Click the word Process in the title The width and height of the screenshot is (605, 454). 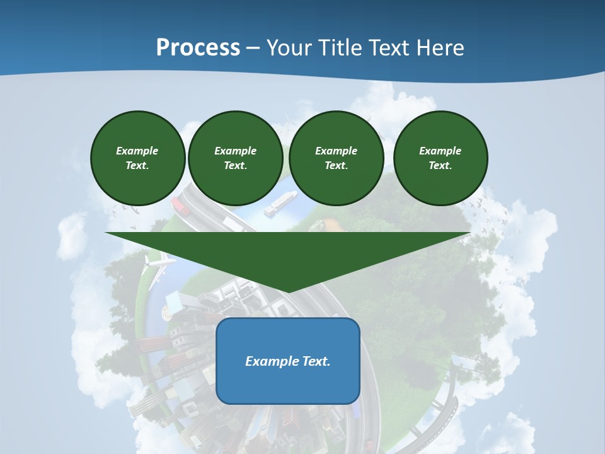tap(198, 48)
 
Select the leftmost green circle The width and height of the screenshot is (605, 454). tap(137, 158)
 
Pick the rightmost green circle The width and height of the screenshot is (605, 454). tap(440, 158)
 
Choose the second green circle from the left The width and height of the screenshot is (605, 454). tap(235, 158)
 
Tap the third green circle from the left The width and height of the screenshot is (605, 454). tap(336, 158)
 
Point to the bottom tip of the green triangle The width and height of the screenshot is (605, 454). tap(288, 291)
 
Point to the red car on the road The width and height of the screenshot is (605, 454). tap(179, 204)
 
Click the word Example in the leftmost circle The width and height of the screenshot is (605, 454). tap(137, 151)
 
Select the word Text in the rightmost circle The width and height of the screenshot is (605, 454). tap(440, 166)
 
